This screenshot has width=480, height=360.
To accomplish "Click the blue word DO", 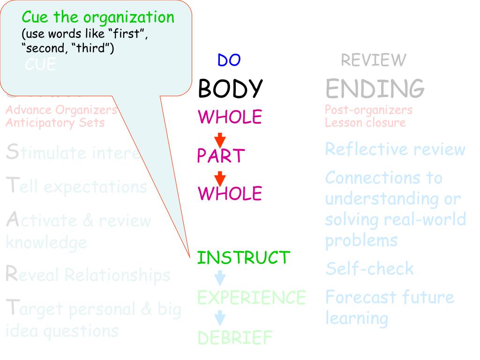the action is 229,60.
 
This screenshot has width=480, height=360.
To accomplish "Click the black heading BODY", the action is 230,88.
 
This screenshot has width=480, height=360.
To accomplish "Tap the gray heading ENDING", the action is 375,88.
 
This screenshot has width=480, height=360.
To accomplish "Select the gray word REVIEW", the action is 373,60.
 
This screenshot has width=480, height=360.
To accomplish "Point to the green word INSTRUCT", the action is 244,257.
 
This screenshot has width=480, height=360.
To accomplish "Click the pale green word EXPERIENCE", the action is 251,297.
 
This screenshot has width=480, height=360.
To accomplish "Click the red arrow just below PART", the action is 220,179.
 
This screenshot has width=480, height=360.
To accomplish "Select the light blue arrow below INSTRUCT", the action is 219,278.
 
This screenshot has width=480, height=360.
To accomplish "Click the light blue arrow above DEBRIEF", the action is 219,319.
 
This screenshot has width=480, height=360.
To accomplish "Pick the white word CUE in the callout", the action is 41,65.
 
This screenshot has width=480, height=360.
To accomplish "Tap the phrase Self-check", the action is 369,269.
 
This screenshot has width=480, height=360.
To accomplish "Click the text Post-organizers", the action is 368,110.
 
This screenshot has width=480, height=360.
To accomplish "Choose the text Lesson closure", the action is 365,123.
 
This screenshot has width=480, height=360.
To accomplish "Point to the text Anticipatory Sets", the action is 55,123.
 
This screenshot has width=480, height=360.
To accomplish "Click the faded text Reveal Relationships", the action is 88,275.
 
